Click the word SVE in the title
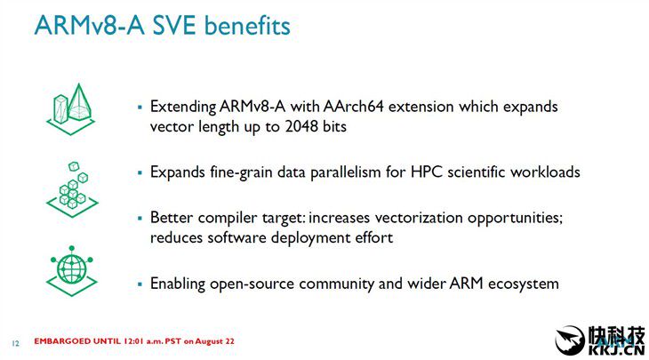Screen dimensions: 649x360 tap(174, 26)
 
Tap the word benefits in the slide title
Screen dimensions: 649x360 tap(247, 26)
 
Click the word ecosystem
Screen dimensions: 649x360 tap(523, 284)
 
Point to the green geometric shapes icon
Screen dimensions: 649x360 tap(71, 109)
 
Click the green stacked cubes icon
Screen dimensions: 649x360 tap(72, 189)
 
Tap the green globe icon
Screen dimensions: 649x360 tap(72, 271)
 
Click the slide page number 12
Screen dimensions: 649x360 tap(15, 343)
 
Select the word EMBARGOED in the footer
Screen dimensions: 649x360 tap(62, 341)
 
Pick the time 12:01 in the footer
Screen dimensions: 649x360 tap(132, 341)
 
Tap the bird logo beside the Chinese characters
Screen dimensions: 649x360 tap(570, 340)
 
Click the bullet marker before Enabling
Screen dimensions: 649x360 tap(140, 284)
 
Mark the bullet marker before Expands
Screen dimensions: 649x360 tap(140, 172)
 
